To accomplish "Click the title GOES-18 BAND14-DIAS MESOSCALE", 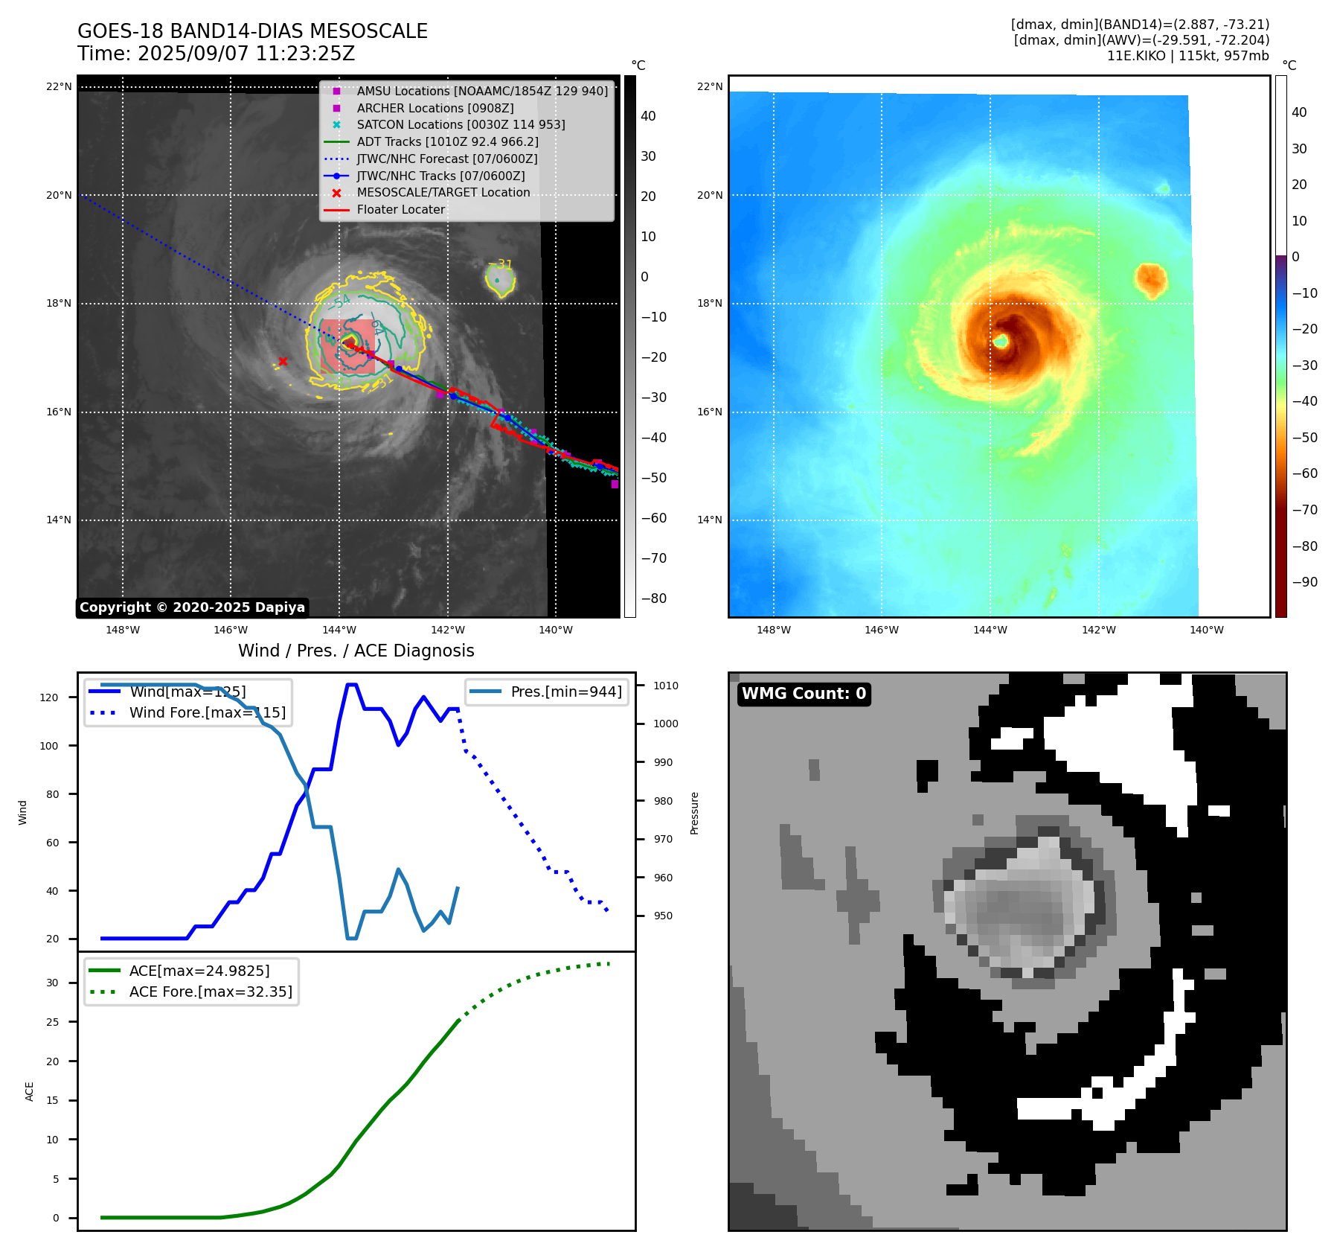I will pos(252,31).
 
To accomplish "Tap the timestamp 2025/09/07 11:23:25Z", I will pos(246,54).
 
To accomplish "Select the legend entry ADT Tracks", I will pos(447,141).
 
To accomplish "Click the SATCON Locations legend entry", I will pos(461,124).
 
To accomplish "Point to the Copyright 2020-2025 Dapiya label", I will pos(192,607).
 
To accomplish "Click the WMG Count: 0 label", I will pos(804,694).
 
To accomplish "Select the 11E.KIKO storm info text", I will pos(1187,56).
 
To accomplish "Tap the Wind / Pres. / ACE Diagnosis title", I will pos(356,651).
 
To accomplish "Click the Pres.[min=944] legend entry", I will pos(565,692).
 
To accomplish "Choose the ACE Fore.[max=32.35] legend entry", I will pos(211,992).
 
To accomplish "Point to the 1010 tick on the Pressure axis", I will pos(666,686).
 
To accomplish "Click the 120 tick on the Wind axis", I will pos(49,697).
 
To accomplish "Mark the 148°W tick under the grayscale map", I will pos(123,630).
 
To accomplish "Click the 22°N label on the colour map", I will pos(710,86).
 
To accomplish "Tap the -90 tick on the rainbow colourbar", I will pos(1304,582).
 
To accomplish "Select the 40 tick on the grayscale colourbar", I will pos(648,116).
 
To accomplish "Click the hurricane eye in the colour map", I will pos(1001,341).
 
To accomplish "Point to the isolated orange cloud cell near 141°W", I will pos(1151,280).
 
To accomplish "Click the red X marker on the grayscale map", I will pos(283,362).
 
